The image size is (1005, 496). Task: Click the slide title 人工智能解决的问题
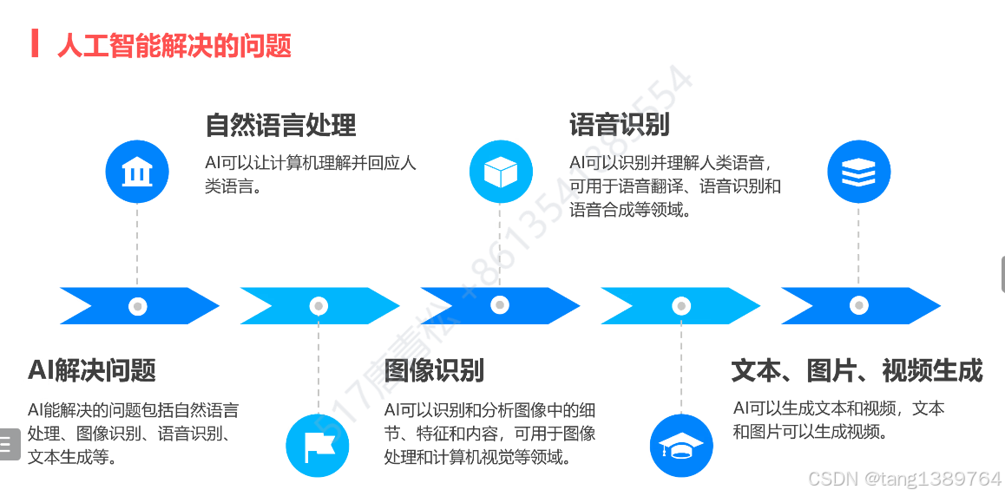tap(174, 44)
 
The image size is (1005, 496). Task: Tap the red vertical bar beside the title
tap(35, 43)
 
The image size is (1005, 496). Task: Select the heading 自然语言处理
tap(280, 125)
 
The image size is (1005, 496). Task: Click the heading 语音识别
tap(619, 124)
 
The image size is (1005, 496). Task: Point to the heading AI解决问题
tap(92, 370)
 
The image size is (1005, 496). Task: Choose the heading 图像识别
tap(434, 370)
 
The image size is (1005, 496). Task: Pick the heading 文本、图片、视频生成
tap(857, 370)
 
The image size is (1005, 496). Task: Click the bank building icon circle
tap(137, 172)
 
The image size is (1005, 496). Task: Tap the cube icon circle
tap(501, 171)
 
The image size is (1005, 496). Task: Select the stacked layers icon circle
tap(859, 171)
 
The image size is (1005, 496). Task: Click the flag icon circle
tap(318, 446)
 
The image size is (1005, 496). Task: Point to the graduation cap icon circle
tap(681, 446)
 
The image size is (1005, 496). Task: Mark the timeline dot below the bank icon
tap(137, 306)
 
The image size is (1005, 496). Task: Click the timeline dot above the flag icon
tap(319, 306)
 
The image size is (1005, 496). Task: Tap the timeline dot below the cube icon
tap(500, 305)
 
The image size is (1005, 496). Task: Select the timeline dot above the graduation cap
tap(680, 305)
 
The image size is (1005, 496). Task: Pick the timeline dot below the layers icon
tap(859, 305)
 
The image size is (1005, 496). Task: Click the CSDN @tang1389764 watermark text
tap(904, 479)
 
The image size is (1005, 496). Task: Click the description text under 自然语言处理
tap(310, 173)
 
